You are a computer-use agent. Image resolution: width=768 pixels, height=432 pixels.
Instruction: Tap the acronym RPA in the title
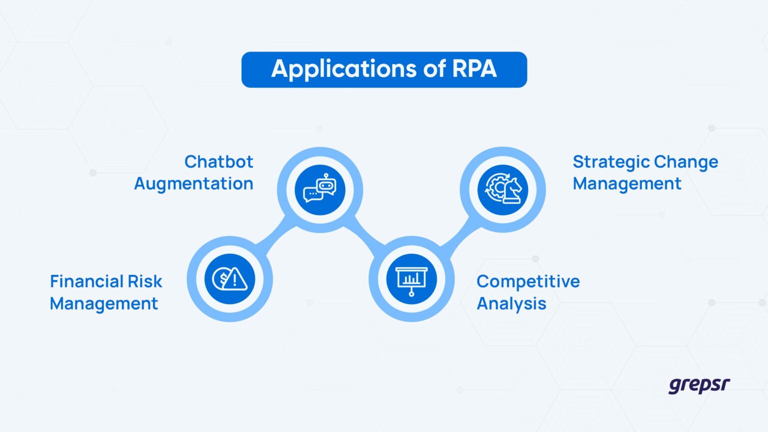(474, 69)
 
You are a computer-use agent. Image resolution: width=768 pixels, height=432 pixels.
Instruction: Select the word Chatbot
(218, 161)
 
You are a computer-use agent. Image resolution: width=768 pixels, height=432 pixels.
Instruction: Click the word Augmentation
(193, 183)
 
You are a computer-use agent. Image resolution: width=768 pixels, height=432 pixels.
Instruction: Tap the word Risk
(144, 281)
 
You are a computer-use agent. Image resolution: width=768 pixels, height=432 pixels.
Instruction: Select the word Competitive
(527, 281)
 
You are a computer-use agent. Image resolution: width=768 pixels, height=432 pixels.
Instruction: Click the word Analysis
(511, 303)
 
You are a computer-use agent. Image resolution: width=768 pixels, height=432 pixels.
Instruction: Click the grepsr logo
(698, 385)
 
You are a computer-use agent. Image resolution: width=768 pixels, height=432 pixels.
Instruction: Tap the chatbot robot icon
(320, 189)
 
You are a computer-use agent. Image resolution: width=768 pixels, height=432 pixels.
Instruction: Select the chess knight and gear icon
(502, 189)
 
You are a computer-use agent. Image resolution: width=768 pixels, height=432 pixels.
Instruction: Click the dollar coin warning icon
(229, 279)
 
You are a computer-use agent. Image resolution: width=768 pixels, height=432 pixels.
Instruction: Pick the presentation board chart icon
(411, 279)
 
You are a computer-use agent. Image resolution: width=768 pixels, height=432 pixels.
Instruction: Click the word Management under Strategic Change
(626, 183)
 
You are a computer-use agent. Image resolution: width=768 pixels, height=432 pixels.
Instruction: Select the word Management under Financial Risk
(103, 303)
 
